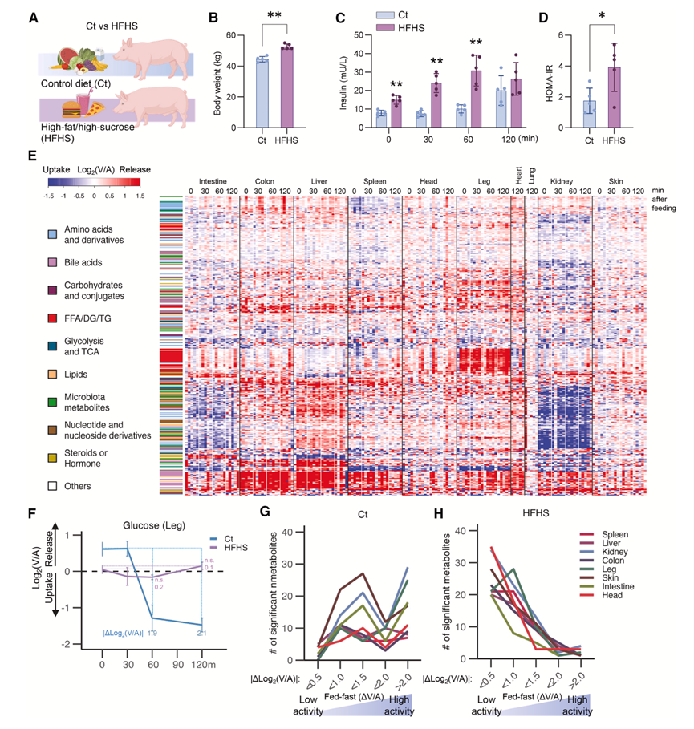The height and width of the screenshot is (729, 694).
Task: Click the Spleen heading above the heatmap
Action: point(375,182)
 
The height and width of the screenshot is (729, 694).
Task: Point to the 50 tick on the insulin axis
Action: point(348,35)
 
